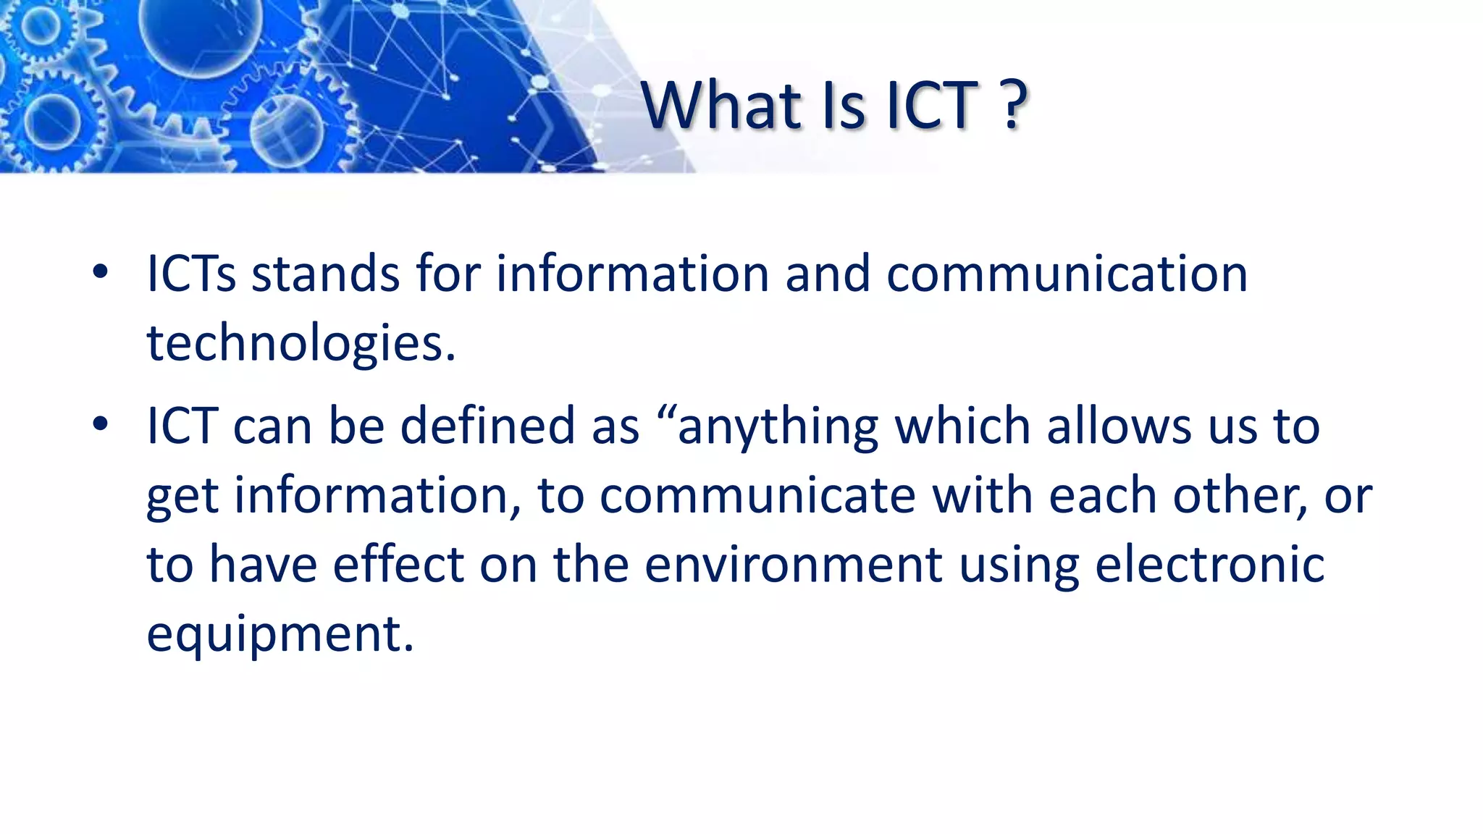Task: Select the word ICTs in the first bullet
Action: [191, 274]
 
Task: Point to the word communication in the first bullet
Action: [1067, 274]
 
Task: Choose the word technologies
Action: [301, 343]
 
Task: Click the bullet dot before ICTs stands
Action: [100, 273]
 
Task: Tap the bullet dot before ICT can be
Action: [100, 425]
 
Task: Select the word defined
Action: [487, 426]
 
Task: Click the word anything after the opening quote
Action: [778, 427]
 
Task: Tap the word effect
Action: [398, 564]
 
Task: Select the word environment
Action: [793, 564]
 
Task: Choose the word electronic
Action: [1209, 564]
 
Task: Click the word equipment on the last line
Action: [280, 634]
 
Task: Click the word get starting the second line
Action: [182, 497]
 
